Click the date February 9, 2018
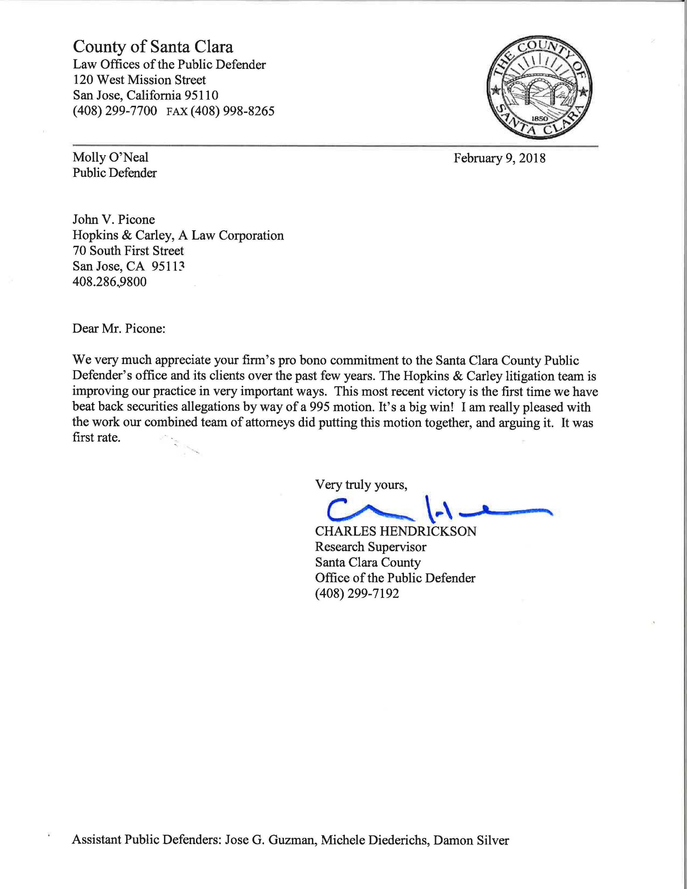pyautogui.click(x=499, y=158)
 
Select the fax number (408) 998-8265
pyautogui.click(x=232, y=111)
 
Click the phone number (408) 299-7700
pyautogui.click(x=115, y=111)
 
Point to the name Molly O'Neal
pyautogui.click(x=111, y=157)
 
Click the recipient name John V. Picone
pyautogui.click(x=114, y=220)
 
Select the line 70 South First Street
pyautogui.click(x=128, y=251)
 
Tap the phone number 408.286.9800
pyautogui.click(x=109, y=282)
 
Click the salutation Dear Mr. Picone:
pyautogui.click(x=119, y=328)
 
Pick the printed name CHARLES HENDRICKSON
pyautogui.click(x=395, y=532)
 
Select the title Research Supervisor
pyautogui.click(x=371, y=547)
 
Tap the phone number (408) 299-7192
pyautogui.click(x=357, y=594)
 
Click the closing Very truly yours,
pyautogui.click(x=361, y=485)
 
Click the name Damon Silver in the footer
pyautogui.click(x=471, y=841)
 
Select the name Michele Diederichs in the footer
pyautogui.click(x=375, y=841)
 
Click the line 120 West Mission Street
pyautogui.click(x=139, y=80)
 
